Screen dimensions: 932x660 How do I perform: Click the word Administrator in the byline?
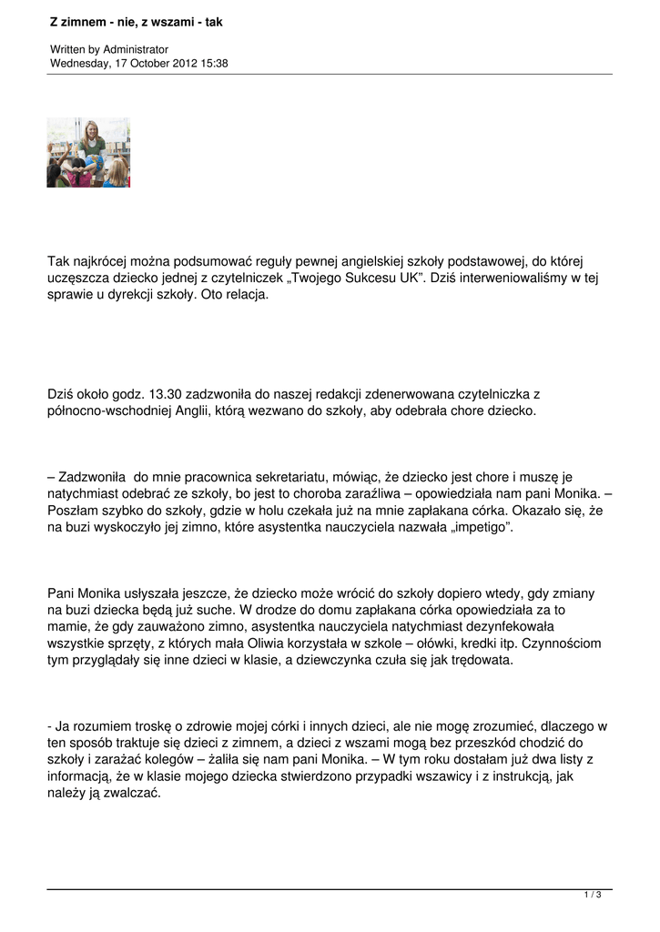pos(136,49)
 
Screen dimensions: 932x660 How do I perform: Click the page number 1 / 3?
pos(593,896)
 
